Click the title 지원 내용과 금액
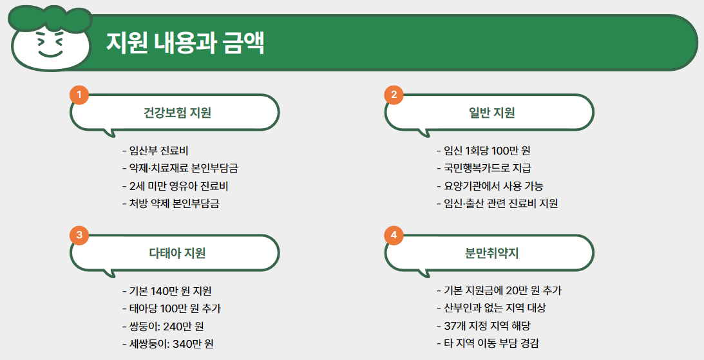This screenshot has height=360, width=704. [x=185, y=43]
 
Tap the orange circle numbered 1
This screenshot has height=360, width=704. [x=79, y=95]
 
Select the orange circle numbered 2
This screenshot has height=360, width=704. [x=394, y=95]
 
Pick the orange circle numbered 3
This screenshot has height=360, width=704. [x=79, y=235]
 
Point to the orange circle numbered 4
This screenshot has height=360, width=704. [x=394, y=235]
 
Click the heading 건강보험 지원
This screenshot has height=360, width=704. [x=177, y=113]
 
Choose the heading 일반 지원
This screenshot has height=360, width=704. [x=492, y=113]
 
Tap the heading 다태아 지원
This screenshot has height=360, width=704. [x=177, y=253]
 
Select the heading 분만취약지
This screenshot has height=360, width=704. [x=492, y=253]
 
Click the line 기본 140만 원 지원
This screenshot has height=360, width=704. [x=167, y=291]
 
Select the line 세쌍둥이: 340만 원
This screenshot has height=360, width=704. [x=167, y=343]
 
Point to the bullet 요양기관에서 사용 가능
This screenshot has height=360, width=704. [x=490, y=186]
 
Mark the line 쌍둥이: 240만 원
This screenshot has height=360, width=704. [x=162, y=326]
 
